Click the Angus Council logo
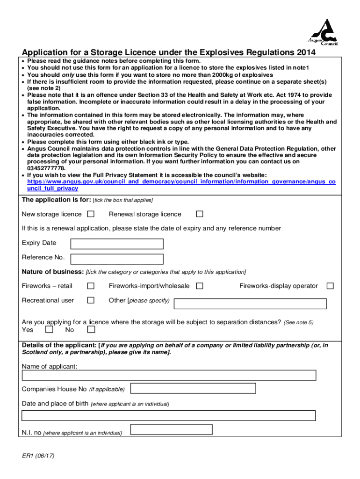(324, 32)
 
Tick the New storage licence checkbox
(91, 214)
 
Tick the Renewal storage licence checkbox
(200, 214)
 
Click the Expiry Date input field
(116, 244)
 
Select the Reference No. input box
(116, 259)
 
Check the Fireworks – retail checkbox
(91, 286)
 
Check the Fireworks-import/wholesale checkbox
(200, 286)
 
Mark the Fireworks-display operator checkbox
(330, 286)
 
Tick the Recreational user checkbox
(91, 300)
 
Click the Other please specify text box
(250, 304)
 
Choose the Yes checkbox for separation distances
(50, 330)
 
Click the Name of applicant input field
(169, 375)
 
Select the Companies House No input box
(193, 388)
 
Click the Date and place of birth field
(169, 415)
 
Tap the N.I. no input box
(171, 429)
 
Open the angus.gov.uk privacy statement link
(181, 182)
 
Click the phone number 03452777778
(46, 168)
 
